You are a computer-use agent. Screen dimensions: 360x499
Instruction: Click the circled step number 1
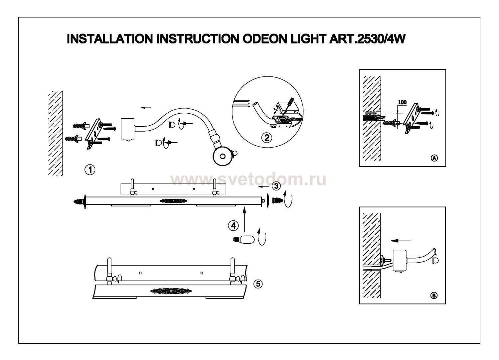[90, 170]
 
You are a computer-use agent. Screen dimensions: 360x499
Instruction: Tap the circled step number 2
[266, 137]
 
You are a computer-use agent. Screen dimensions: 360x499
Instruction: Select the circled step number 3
[276, 186]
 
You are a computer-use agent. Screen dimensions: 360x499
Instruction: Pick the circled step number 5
[258, 284]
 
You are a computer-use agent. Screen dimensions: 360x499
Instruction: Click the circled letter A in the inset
[434, 158]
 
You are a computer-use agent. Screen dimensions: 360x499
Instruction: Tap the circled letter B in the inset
[434, 295]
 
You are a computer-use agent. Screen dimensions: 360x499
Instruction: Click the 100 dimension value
[402, 102]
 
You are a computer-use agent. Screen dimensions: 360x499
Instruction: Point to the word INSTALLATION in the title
[110, 39]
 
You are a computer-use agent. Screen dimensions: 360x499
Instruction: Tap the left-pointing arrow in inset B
[401, 241]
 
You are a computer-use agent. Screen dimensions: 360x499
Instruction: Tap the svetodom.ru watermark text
[248, 180]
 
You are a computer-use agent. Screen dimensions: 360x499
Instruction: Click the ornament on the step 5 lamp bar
[169, 291]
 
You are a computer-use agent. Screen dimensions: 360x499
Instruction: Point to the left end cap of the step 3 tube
[80, 201]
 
